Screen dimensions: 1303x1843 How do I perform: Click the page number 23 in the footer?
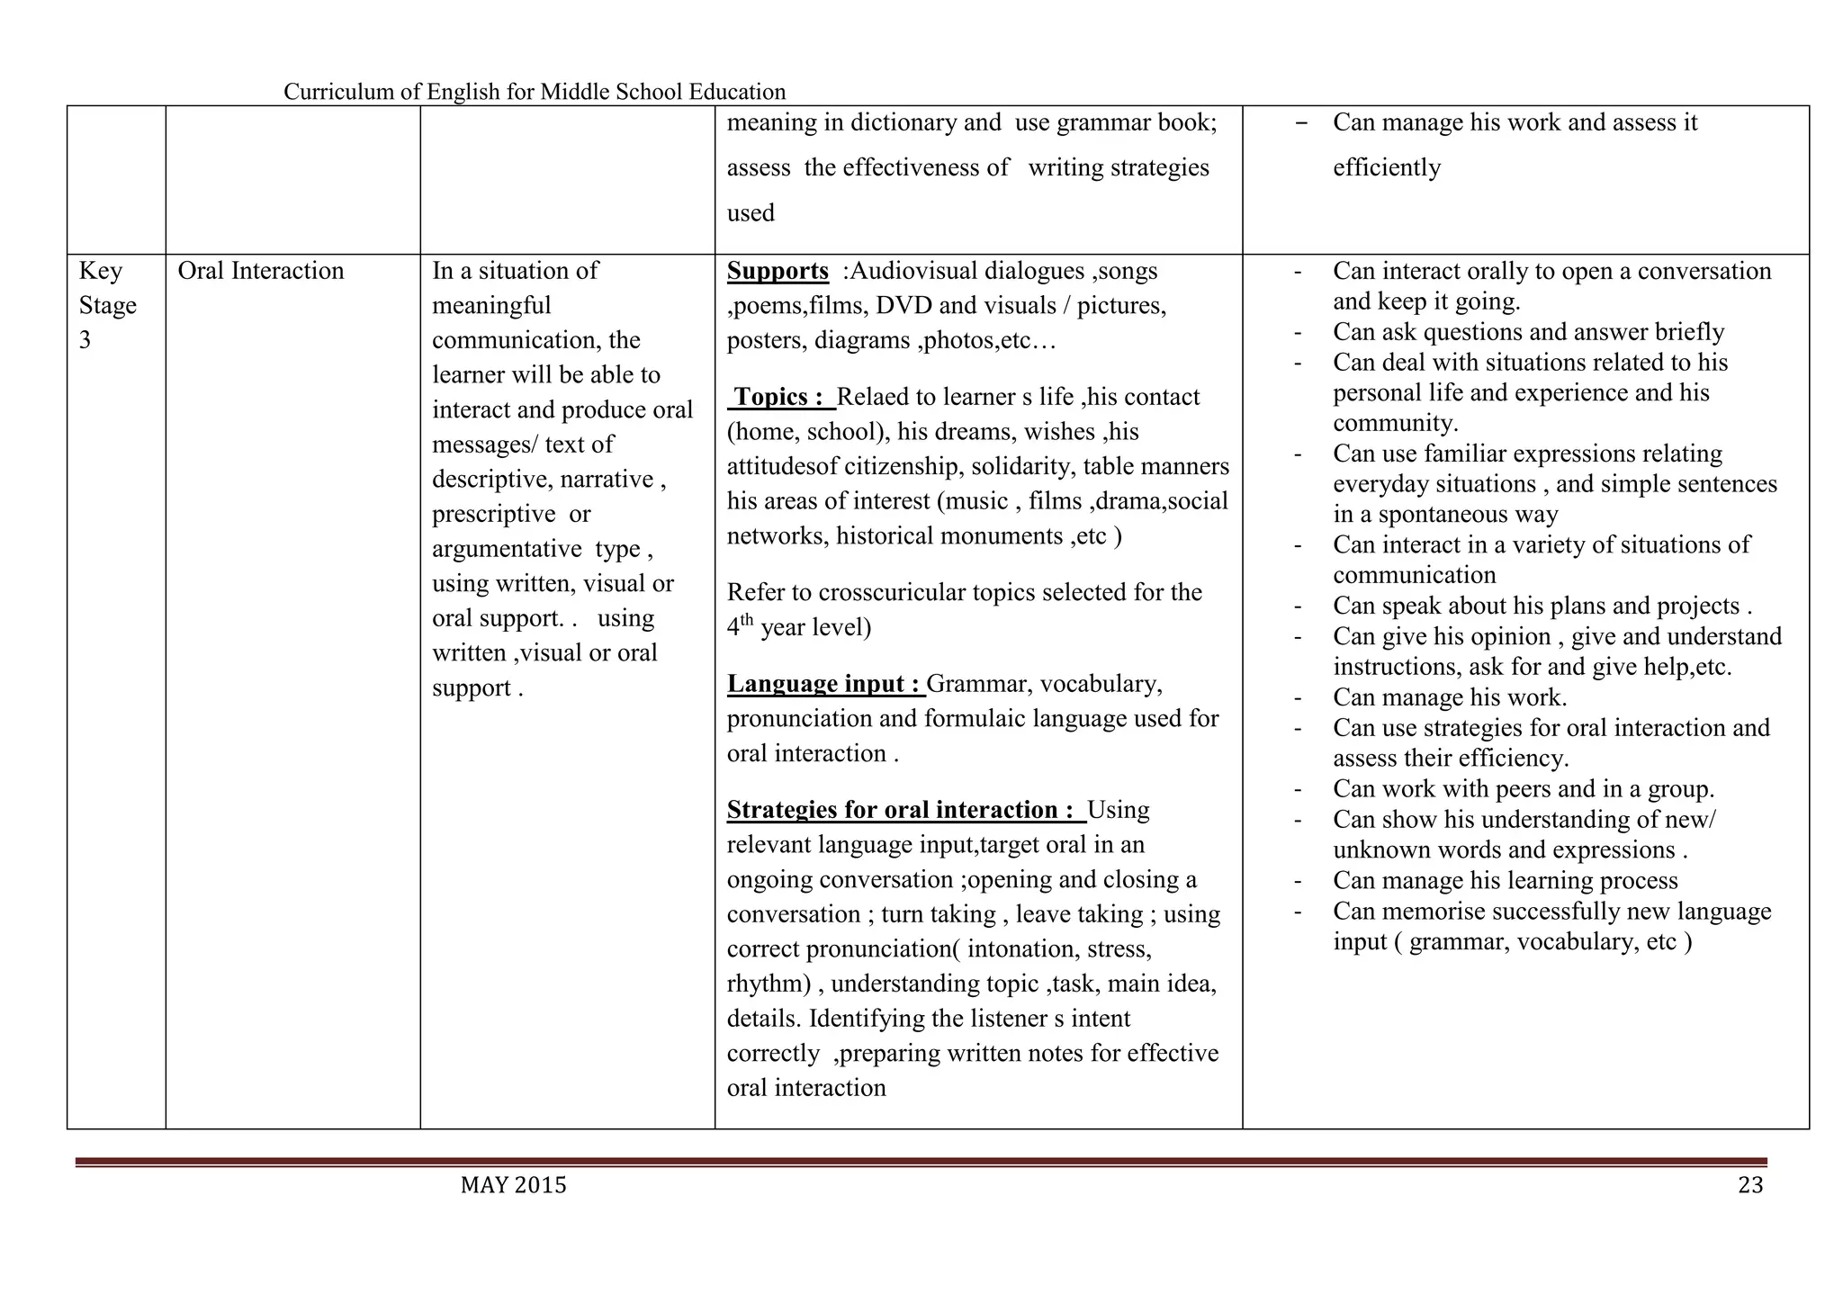tap(1749, 1185)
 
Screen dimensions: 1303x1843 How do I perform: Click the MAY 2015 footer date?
tap(513, 1185)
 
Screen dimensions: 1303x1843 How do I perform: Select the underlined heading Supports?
tap(778, 271)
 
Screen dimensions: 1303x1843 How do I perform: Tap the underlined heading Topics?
tap(778, 397)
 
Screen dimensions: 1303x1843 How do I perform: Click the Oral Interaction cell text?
tap(261, 271)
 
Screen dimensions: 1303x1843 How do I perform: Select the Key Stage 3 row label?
tap(107, 305)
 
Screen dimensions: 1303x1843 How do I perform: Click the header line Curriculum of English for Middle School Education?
tap(535, 92)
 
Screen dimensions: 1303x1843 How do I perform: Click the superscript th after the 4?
tap(746, 620)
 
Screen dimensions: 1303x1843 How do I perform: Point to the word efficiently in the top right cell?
tap(1386, 167)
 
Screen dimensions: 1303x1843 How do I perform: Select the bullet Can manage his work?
tap(1449, 697)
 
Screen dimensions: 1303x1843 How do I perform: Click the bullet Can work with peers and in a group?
tap(1523, 789)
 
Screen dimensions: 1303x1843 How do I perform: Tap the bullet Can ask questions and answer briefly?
tap(1528, 332)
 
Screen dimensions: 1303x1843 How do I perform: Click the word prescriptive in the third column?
tap(494, 514)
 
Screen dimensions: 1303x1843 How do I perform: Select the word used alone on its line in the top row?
tap(751, 213)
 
